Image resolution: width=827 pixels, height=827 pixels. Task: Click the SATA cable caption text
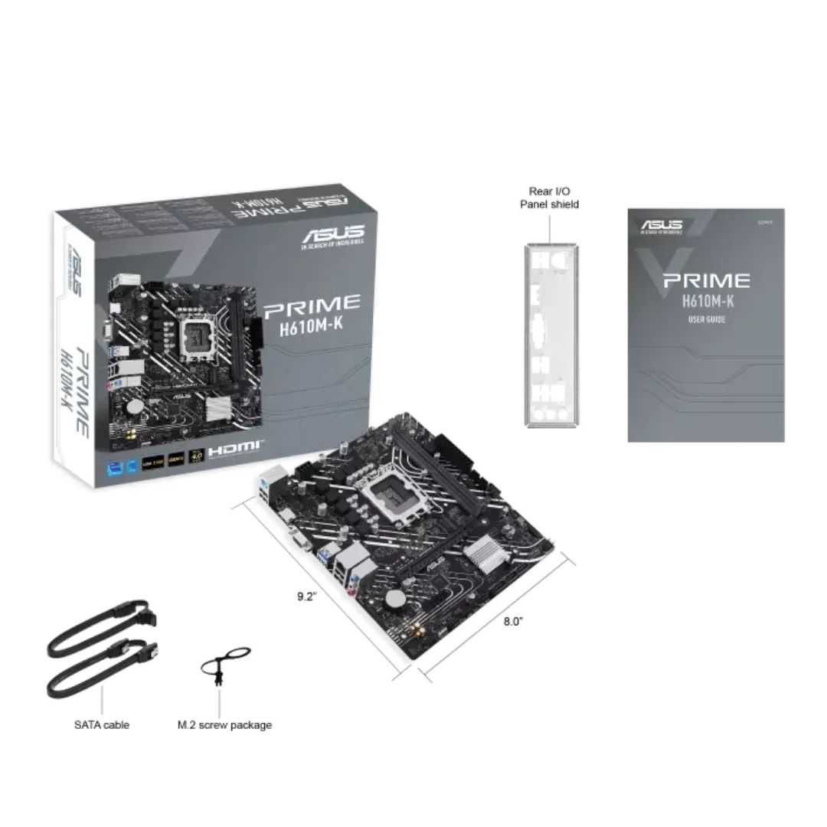pyautogui.click(x=101, y=724)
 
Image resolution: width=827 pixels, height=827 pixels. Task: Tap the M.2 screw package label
pyautogui.click(x=224, y=724)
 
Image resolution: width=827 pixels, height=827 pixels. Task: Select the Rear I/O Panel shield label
pyautogui.click(x=549, y=198)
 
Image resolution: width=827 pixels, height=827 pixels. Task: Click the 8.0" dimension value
pyautogui.click(x=513, y=622)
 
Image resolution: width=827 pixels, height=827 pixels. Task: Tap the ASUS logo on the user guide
pyautogui.click(x=661, y=225)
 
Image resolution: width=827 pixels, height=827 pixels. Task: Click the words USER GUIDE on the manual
pyautogui.click(x=706, y=319)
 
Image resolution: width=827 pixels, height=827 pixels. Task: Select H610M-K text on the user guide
pyautogui.click(x=706, y=301)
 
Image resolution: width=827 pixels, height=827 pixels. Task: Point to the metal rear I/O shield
pyautogui.click(x=549, y=335)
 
